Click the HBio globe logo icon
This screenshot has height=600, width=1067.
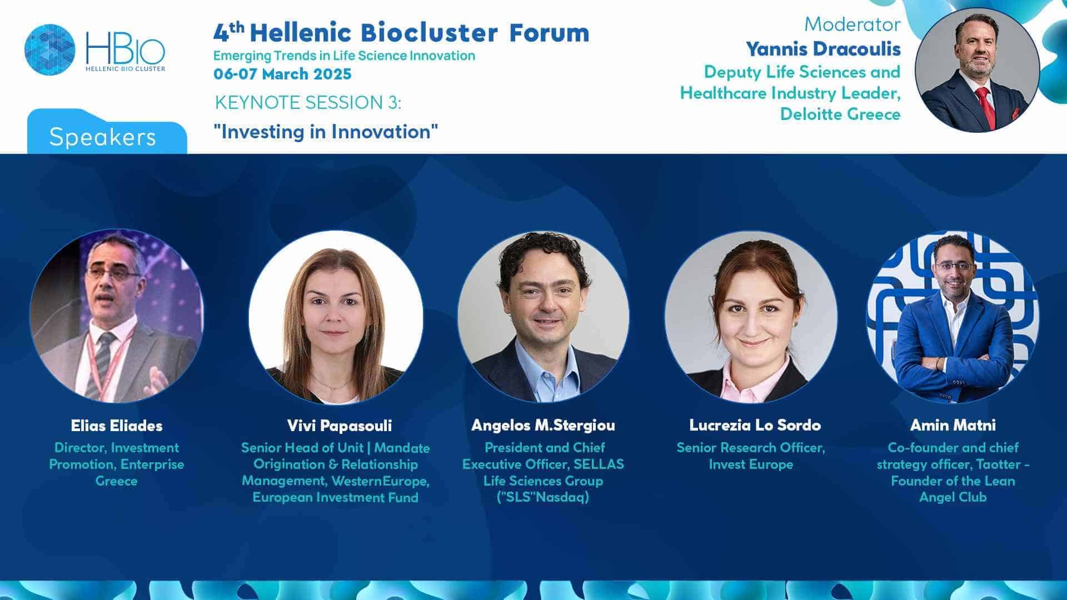click(x=50, y=49)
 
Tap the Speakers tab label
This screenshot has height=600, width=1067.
click(x=103, y=137)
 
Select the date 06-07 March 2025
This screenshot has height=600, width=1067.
click(x=282, y=74)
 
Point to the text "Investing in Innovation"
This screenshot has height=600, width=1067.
click(x=326, y=132)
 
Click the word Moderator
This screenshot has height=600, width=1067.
click(x=852, y=24)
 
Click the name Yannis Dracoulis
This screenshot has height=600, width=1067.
click(x=823, y=49)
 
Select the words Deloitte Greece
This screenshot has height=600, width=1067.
click(x=840, y=114)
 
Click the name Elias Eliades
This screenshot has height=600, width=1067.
click(x=117, y=426)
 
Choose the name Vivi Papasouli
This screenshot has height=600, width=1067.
click(x=340, y=426)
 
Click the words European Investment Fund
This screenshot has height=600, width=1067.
click(x=336, y=497)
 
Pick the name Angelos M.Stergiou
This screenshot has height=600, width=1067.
click(x=544, y=426)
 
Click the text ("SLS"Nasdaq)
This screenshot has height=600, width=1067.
click(x=543, y=497)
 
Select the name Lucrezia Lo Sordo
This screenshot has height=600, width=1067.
click(x=755, y=426)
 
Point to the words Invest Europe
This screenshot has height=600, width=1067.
click(x=751, y=464)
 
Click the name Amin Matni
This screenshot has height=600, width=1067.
click(x=953, y=426)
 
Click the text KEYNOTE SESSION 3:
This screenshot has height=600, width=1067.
click(x=308, y=103)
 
